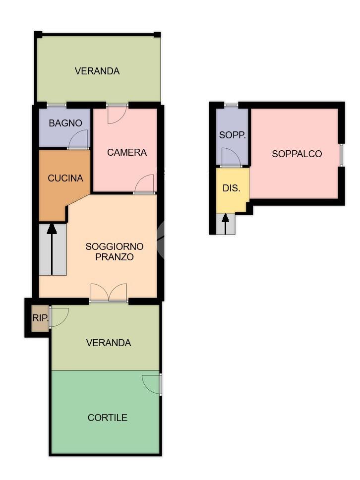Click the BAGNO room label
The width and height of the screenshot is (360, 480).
point(65,123)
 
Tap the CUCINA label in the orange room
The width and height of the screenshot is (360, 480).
point(65,178)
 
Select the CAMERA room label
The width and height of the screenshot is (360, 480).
point(127,152)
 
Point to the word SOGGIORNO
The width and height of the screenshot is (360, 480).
point(115,246)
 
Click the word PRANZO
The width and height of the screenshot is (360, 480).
point(115,257)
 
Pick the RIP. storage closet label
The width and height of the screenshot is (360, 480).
point(40,318)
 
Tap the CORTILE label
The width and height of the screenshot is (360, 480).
point(108,418)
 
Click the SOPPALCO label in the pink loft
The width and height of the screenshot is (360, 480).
point(297,154)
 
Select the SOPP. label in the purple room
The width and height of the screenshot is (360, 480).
point(233,135)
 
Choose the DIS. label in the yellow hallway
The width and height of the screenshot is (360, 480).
point(232,188)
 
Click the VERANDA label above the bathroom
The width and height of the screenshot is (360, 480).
point(97,71)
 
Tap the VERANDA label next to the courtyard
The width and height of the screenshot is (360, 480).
point(109,343)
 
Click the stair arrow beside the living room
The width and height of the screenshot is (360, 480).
point(52,249)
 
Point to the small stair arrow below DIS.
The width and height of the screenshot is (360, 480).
point(225,224)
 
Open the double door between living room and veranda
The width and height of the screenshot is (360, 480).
point(109,293)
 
